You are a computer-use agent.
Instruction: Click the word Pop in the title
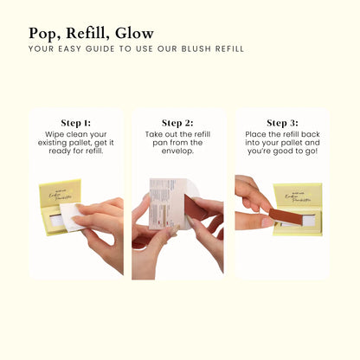point(43,33)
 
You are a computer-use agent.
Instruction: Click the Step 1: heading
point(76,123)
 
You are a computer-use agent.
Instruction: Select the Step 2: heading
point(178,123)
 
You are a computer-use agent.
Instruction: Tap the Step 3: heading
point(282,123)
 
